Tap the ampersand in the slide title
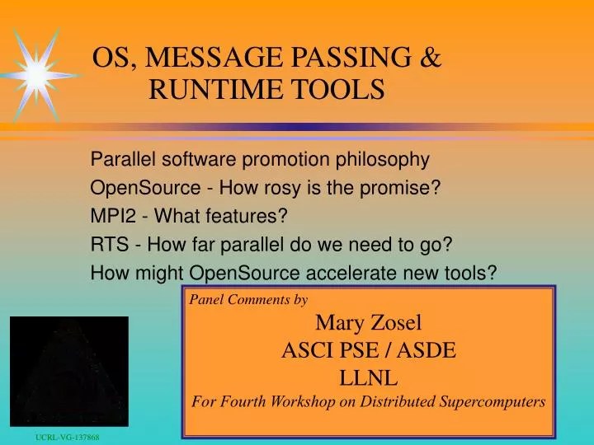[x=431, y=57]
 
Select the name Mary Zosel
[x=368, y=322]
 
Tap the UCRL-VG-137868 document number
[x=67, y=436]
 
